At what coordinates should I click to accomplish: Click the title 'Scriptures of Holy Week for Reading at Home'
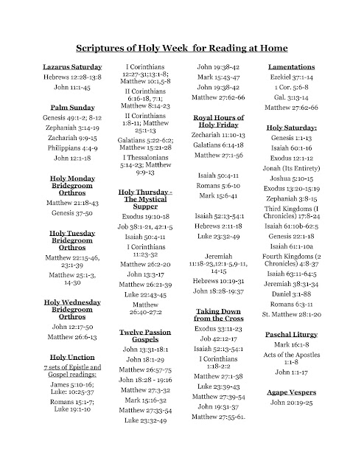(181, 49)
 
